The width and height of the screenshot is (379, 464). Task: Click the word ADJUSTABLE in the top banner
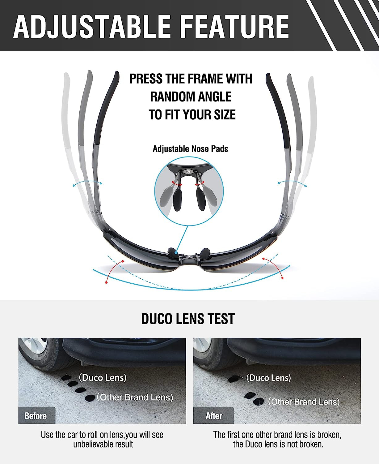point(92,27)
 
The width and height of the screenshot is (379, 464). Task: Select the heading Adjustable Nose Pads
point(190,149)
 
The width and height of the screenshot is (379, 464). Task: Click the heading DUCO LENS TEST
point(188,319)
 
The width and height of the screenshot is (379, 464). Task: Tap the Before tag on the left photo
point(36,416)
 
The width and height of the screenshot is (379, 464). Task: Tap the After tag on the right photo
point(214,416)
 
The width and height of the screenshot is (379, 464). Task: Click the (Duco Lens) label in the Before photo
point(103,377)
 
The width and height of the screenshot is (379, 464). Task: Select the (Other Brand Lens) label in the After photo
point(304,402)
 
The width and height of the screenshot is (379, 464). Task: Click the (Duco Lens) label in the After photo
point(268,378)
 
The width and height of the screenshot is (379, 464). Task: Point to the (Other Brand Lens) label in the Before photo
point(135,397)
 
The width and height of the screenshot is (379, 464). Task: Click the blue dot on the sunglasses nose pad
point(176,253)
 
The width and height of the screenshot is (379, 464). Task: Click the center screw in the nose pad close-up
point(188,170)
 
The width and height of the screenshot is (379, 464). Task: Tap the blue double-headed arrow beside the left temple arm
point(87,183)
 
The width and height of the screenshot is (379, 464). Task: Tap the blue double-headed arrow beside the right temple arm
point(292,183)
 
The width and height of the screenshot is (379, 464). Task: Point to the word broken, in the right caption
point(326,435)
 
